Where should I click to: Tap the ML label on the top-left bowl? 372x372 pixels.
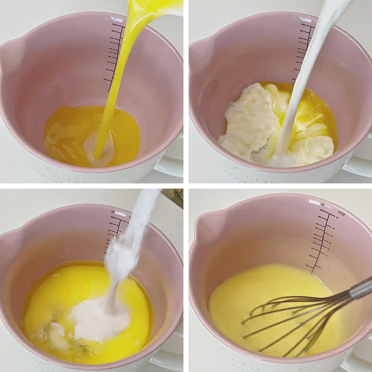pyautogui.click(x=118, y=20)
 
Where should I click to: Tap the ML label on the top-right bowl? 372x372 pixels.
pyautogui.click(x=305, y=19)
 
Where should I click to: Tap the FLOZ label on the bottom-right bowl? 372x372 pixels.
pyautogui.click(x=341, y=214)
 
